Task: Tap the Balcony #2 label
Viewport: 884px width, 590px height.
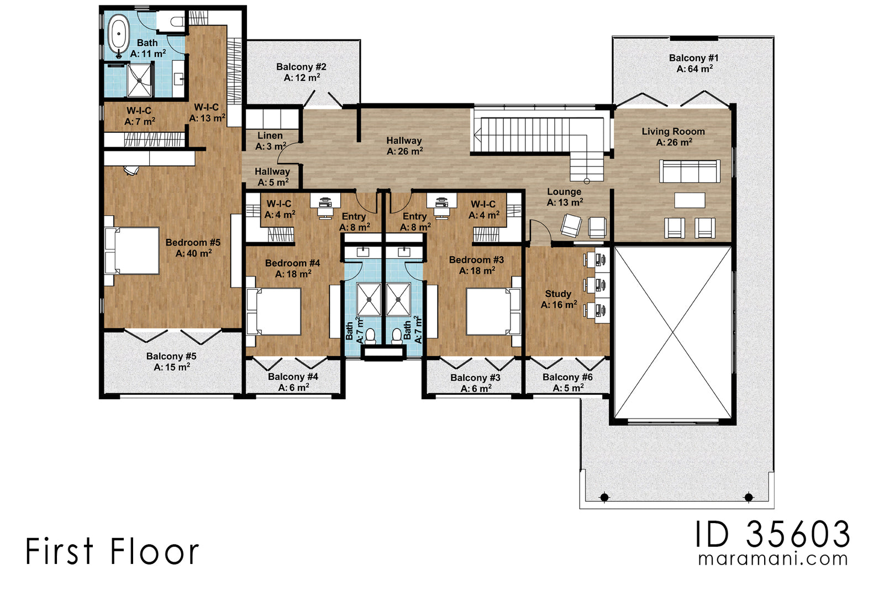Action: [301, 67]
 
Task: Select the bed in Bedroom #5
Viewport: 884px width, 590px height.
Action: [133, 251]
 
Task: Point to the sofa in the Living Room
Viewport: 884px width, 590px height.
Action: [690, 171]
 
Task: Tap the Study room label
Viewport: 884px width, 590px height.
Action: [558, 294]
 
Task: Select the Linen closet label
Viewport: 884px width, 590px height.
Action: [270, 135]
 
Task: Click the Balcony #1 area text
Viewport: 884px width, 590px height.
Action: [694, 69]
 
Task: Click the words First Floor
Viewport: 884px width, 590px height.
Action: [112, 552]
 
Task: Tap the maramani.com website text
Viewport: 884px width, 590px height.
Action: [772, 558]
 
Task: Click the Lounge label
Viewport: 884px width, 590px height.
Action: [564, 192]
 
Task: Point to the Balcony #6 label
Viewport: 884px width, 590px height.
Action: [567, 377]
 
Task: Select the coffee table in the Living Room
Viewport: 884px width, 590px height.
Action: [690, 200]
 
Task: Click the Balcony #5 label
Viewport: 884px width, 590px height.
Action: [171, 357]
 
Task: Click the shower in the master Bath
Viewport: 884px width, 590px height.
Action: [139, 81]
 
